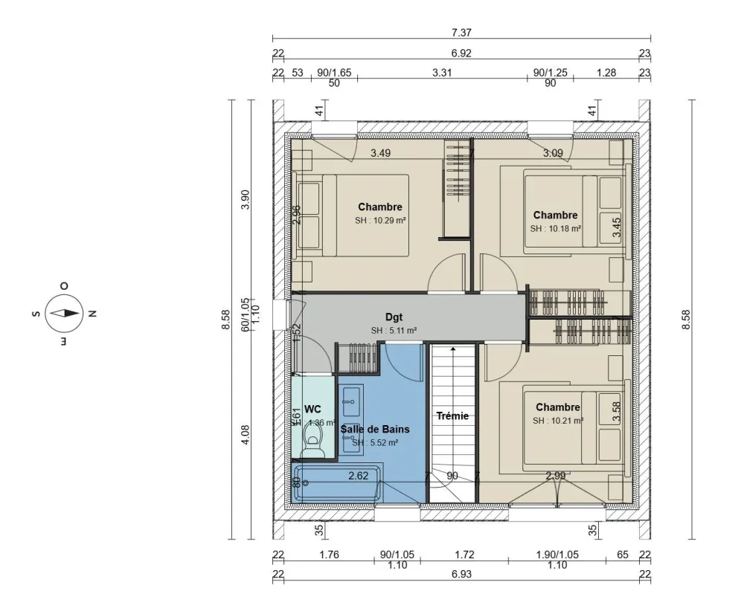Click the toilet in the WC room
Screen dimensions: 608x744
click(x=312, y=447)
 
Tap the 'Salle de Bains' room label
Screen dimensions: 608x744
click(x=375, y=429)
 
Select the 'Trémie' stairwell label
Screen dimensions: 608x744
click(x=452, y=416)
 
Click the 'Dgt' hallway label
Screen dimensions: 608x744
click(x=394, y=317)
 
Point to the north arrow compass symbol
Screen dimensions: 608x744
click(x=63, y=313)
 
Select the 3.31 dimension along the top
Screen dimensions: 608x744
click(x=443, y=74)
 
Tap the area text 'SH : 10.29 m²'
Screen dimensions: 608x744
click(x=380, y=221)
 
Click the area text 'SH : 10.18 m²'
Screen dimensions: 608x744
click(x=556, y=229)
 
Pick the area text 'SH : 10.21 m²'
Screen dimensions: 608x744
click(x=557, y=421)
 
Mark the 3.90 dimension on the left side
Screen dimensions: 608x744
click(x=246, y=200)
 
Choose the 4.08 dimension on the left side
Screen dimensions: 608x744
click(x=246, y=433)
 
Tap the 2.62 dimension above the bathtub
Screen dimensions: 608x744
click(x=359, y=476)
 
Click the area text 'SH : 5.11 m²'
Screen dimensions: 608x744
click(x=394, y=331)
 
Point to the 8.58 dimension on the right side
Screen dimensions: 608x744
click(x=686, y=320)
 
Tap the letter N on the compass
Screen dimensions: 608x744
click(x=92, y=314)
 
